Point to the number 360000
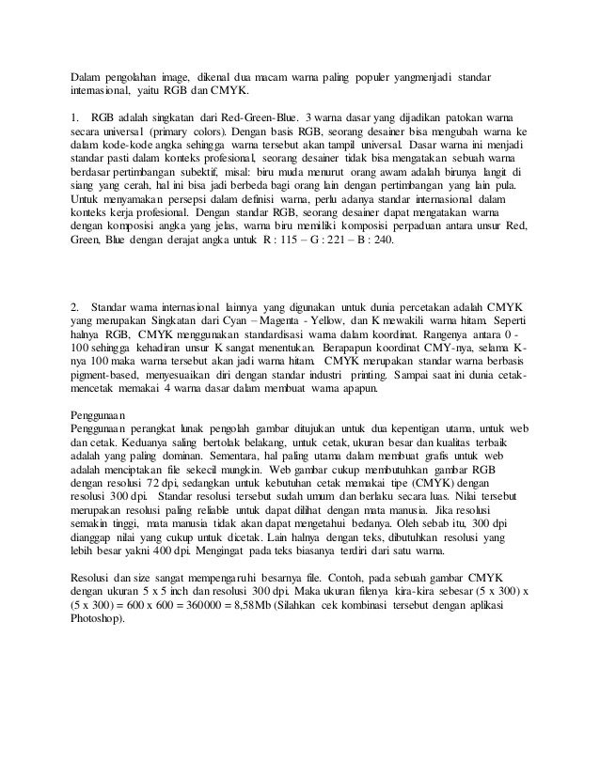pos(245,607)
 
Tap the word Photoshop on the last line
pos(96,620)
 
